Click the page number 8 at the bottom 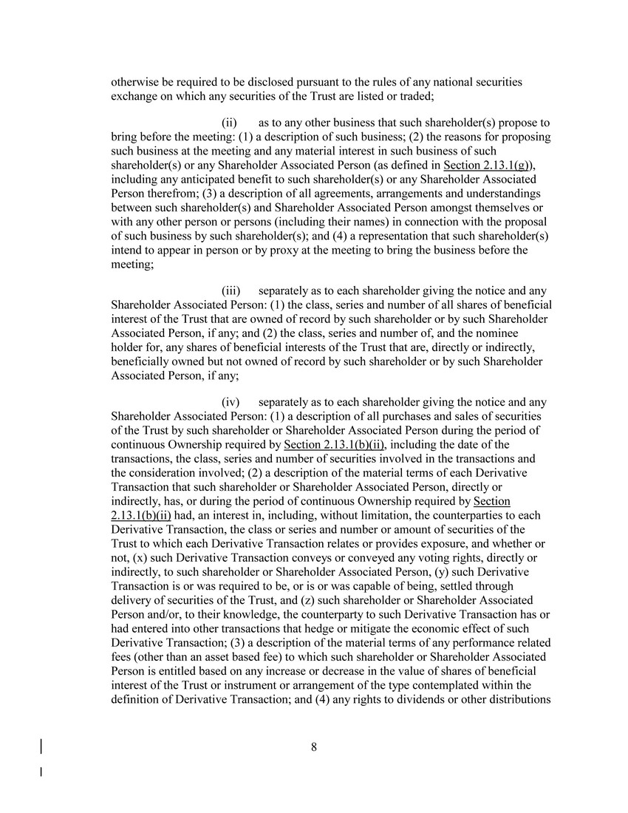pyautogui.click(x=314, y=747)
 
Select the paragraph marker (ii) pyautogui.click(x=229, y=123)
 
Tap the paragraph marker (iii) pyautogui.click(x=231, y=291)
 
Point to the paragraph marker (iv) pyautogui.click(x=231, y=403)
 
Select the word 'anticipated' pyautogui.click(x=204, y=179)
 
